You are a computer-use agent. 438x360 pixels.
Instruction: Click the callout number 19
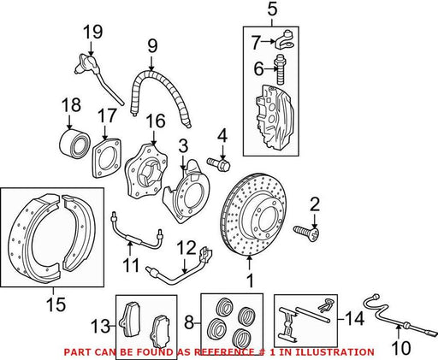click(92, 32)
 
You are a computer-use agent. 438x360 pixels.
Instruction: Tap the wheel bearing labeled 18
click(74, 144)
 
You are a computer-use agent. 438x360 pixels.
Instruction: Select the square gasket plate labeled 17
click(106, 158)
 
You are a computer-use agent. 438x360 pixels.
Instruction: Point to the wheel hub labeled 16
click(146, 171)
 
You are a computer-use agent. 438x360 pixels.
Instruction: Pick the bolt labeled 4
click(218, 165)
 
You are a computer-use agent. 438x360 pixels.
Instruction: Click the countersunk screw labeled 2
click(306, 233)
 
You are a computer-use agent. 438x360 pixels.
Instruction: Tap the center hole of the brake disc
click(269, 216)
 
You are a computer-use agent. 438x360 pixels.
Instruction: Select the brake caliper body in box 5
click(275, 116)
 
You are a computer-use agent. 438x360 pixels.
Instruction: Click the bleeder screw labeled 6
click(280, 70)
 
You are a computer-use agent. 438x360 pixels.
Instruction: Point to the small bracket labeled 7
click(285, 40)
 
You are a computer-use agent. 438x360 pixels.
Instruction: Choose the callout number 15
click(56, 304)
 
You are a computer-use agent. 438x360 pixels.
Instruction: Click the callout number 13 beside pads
click(100, 326)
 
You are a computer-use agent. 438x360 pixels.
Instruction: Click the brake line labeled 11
click(136, 233)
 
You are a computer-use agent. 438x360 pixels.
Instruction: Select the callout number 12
click(186, 248)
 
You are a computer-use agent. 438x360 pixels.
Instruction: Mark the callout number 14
click(354, 318)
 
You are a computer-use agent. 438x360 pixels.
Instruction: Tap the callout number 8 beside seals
click(189, 323)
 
